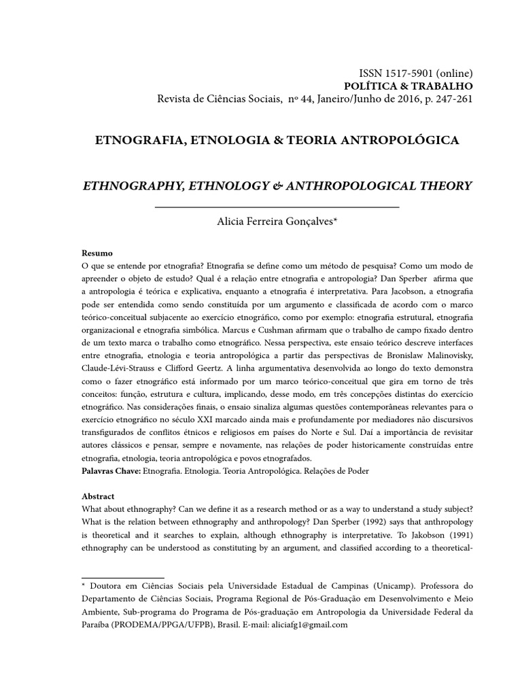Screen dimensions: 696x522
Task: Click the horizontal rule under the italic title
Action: tap(277, 206)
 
